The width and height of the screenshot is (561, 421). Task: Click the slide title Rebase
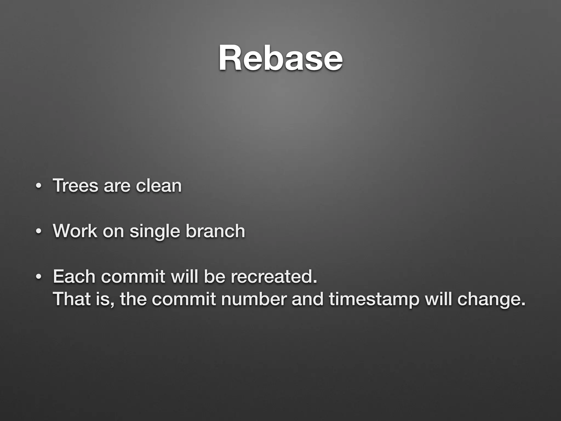[280, 58]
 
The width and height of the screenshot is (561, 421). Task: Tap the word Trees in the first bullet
[75, 186]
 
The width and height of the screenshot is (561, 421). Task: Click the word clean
[159, 186]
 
